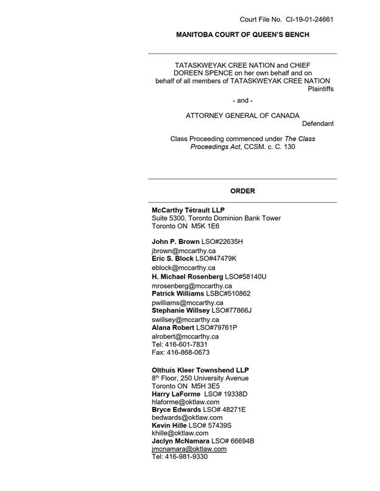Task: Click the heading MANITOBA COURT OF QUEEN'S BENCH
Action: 242,35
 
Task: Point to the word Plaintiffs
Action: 320,89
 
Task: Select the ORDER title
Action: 242,191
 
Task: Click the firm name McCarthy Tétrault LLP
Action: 188,211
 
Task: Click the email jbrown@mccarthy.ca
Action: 183,251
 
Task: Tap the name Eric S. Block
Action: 172,259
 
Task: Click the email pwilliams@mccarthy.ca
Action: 188,302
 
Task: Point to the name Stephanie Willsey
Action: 180,310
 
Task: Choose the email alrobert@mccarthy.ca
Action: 185,336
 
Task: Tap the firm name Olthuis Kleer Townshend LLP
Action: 200,370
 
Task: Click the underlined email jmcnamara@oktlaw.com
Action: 189,449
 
